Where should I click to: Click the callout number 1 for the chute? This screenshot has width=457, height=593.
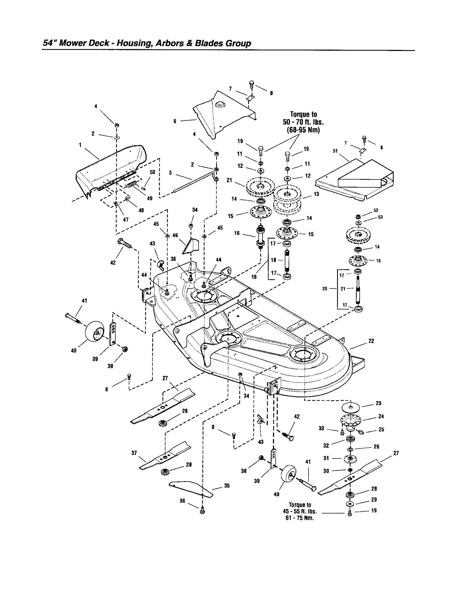coord(80,145)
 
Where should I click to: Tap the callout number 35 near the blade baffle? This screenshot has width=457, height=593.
coord(227,486)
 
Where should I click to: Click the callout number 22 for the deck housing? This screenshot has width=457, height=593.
coord(371,341)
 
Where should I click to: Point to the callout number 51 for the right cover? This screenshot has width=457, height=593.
coord(335,151)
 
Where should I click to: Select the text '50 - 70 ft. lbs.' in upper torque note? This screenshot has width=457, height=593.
coord(303,122)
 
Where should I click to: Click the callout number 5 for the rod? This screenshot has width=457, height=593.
coord(170,173)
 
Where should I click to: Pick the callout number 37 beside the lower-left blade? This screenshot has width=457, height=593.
coord(134,453)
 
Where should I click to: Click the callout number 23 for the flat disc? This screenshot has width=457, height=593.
coord(379,403)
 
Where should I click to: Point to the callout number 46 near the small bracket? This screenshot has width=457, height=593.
coord(175,235)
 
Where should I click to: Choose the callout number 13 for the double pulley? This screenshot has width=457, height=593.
coord(316,194)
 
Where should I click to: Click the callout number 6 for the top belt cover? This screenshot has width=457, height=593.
coord(175,121)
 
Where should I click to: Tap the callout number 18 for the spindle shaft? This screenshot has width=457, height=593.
coord(273,260)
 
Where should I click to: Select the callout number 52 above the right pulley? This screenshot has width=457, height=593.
coord(376,210)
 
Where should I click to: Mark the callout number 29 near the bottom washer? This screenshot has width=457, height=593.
coord(374,499)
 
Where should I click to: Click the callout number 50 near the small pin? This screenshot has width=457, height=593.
coord(152,172)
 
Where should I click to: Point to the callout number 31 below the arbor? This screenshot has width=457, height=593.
coord(326,458)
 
